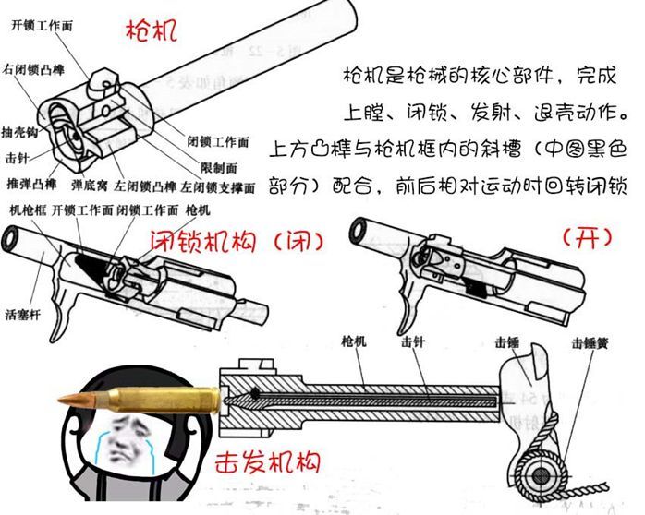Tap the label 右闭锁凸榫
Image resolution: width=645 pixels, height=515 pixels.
coord(32,69)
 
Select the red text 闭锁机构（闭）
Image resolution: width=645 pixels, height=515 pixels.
coord(237,241)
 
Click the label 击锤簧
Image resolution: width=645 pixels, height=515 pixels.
coord(589,343)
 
